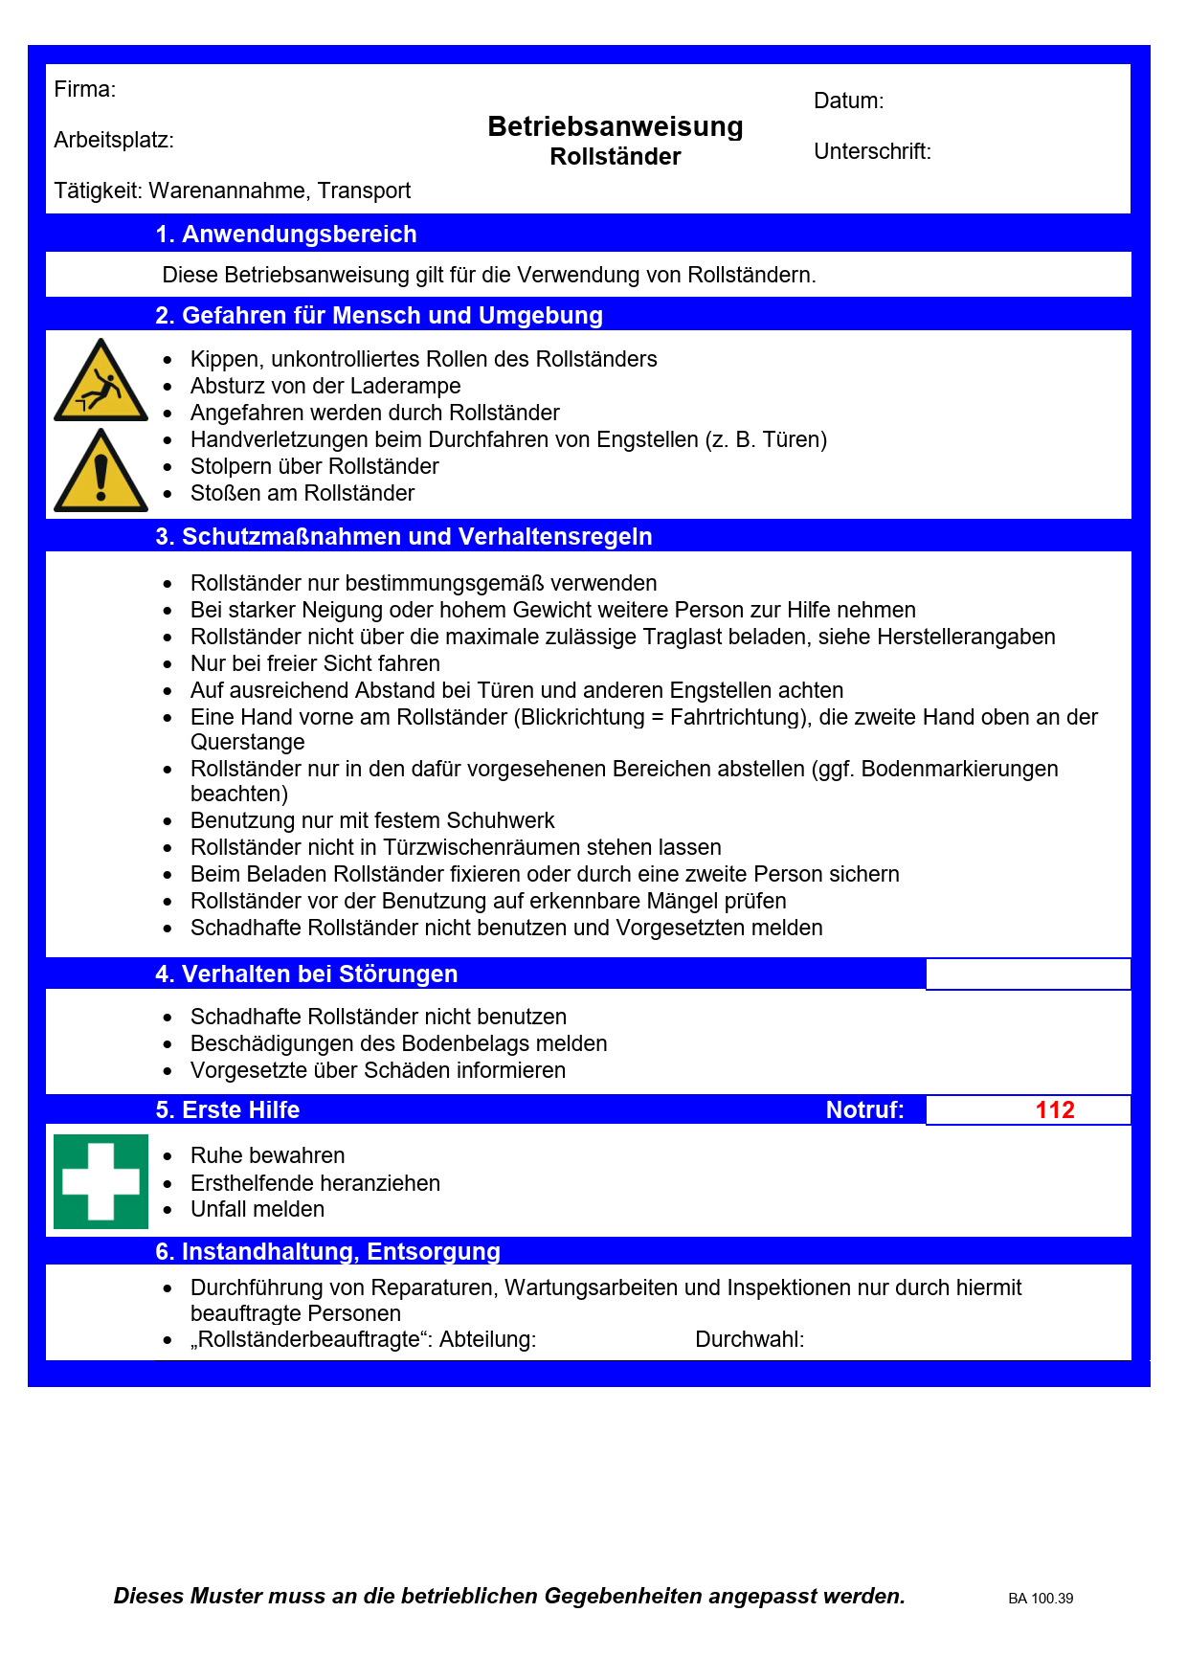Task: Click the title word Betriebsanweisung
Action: pyautogui.click(x=615, y=126)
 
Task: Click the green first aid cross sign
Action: pyautogui.click(x=101, y=1181)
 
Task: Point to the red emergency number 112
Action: pyautogui.click(x=1055, y=1110)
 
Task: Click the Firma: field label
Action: pyautogui.click(x=84, y=90)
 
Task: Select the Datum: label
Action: pyautogui.click(x=848, y=101)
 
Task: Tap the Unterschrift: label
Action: pyautogui.click(x=872, y=152)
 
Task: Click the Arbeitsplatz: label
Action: pyautogui.click(x=114, y=141)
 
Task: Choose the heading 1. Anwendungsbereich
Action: pyautogui.click(x=286, y=235)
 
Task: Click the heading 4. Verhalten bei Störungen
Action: pyautogui.click(x=306, y=974)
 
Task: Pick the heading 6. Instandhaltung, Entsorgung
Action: pyautogui.click(x=327, y=1252)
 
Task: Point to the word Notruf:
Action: pyautogui.click(x=864, y=1110)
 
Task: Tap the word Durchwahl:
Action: pyautogui.click(x=750, y=1340)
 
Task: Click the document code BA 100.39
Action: pyautogui.click(x=1041, y=1599)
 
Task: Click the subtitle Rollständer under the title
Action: pyautogui.click(x=615, y=157)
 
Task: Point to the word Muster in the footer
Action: pyautogui.click(x=227, y=1597)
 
